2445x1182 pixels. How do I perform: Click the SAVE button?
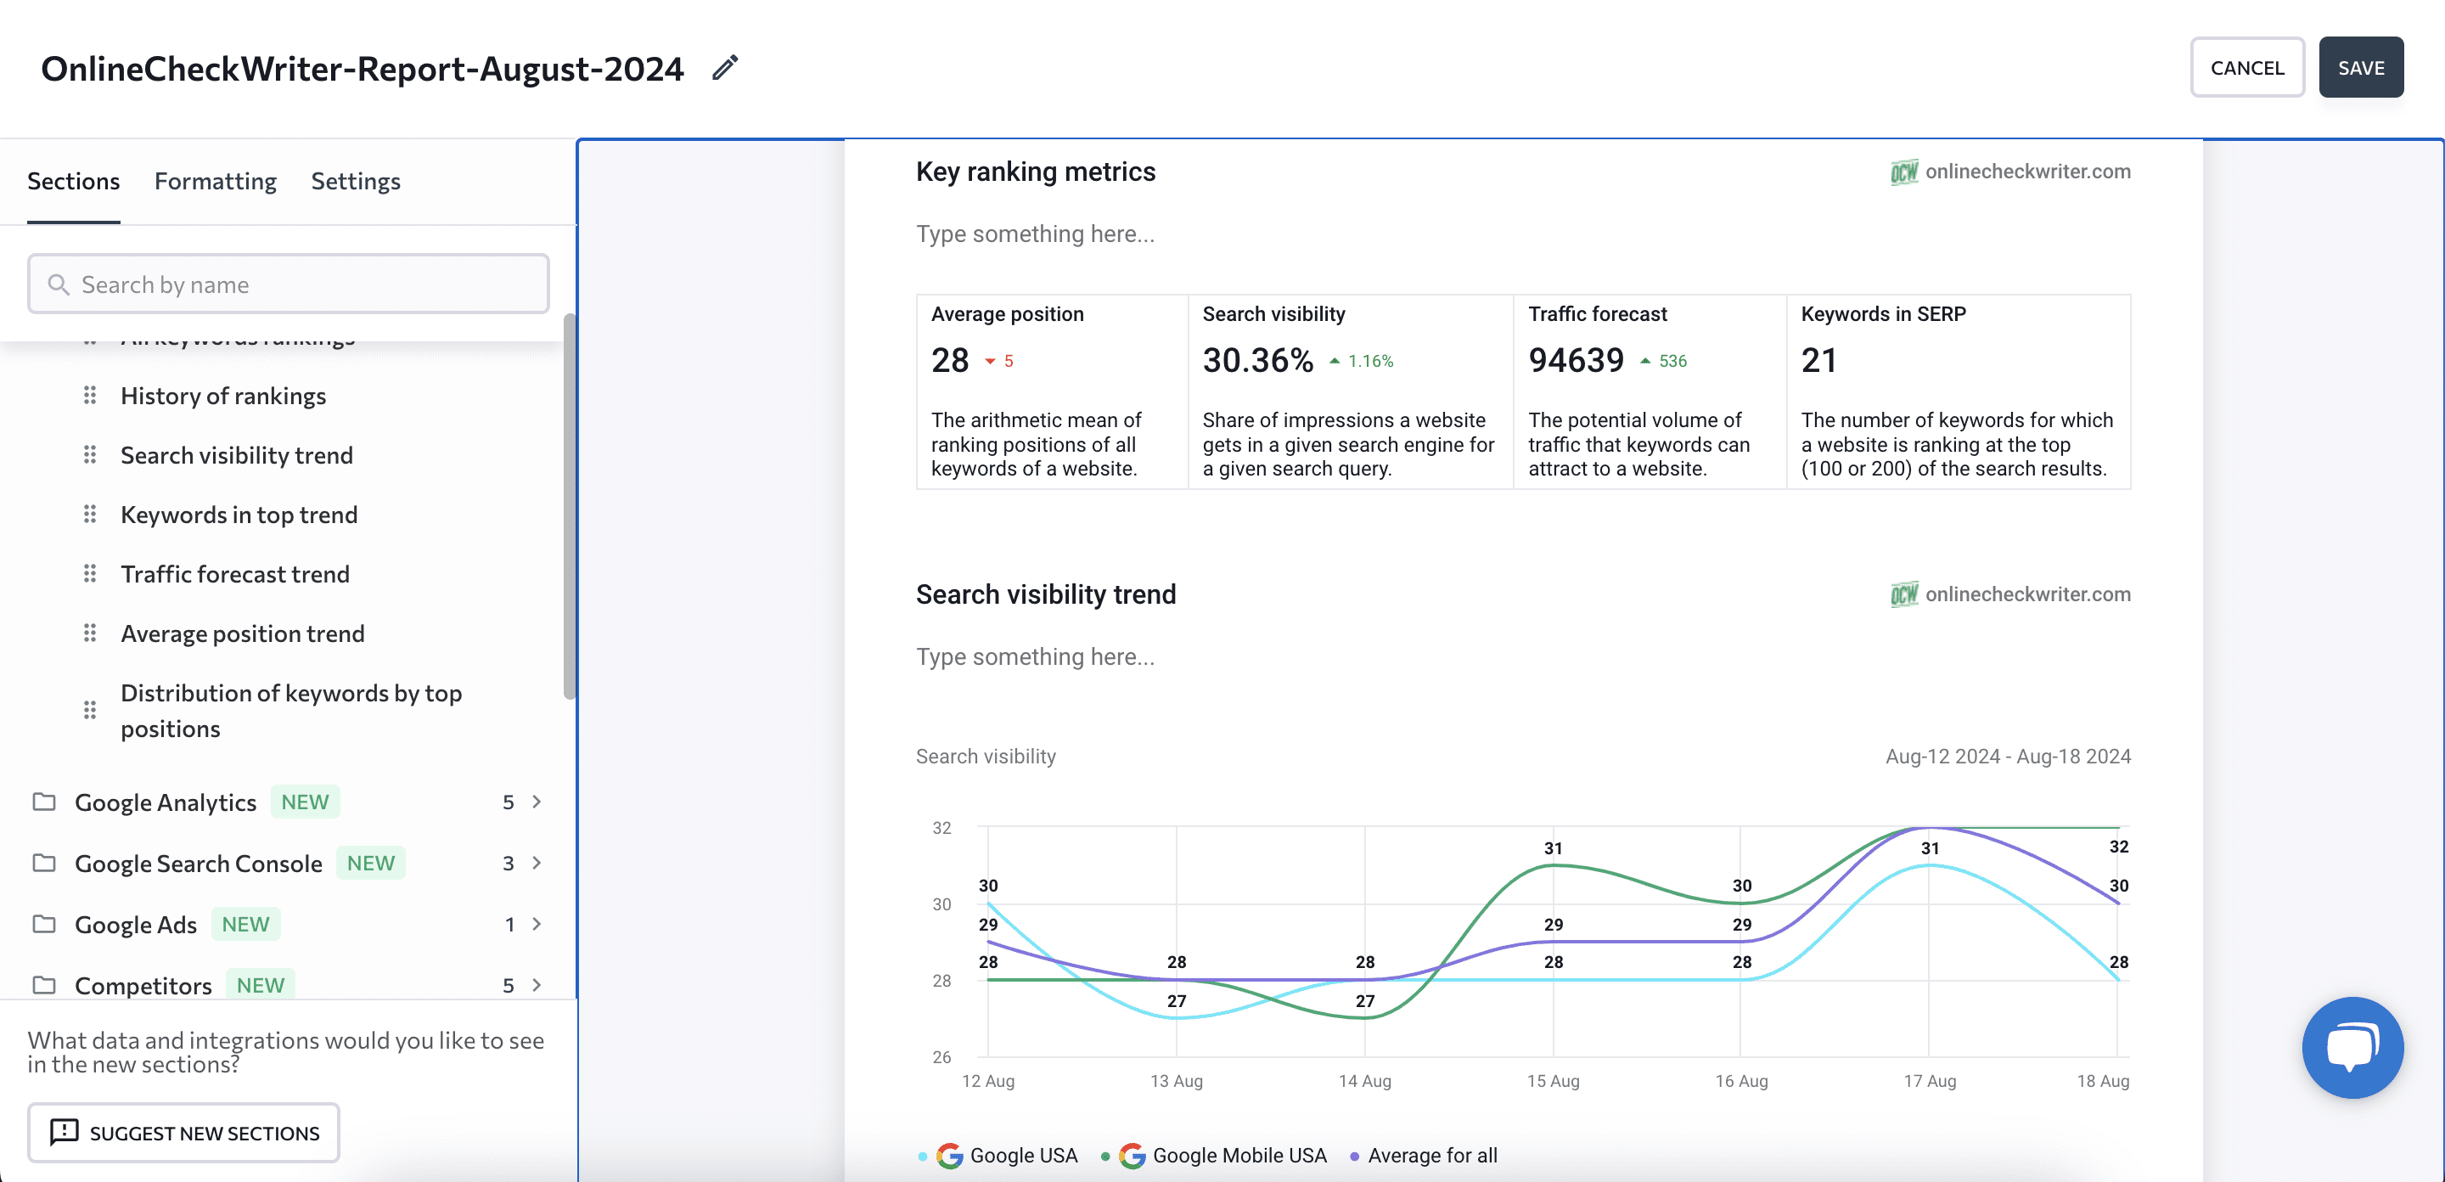pos(2359,67)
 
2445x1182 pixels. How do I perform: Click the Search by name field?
pos(289,284)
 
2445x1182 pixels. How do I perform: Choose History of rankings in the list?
pos(223,396)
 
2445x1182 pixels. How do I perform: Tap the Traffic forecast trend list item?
pos(234,574)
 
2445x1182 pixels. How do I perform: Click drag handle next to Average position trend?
pos(89,633)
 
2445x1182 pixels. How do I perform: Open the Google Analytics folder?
pos(166,802)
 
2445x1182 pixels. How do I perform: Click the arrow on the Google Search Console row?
pos(537,863)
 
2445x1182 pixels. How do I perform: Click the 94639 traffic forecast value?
pos(1576,361)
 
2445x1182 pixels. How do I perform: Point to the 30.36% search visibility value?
pos(1257,361)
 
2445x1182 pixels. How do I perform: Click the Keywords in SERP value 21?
pos(1818,361)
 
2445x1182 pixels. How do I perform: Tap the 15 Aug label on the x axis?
pos(1553,1080)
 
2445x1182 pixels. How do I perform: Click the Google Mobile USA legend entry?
pos(1238,1156)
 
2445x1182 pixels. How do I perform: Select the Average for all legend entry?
pos(1431,1156)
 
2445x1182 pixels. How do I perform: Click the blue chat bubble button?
pos(2352,1047)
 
